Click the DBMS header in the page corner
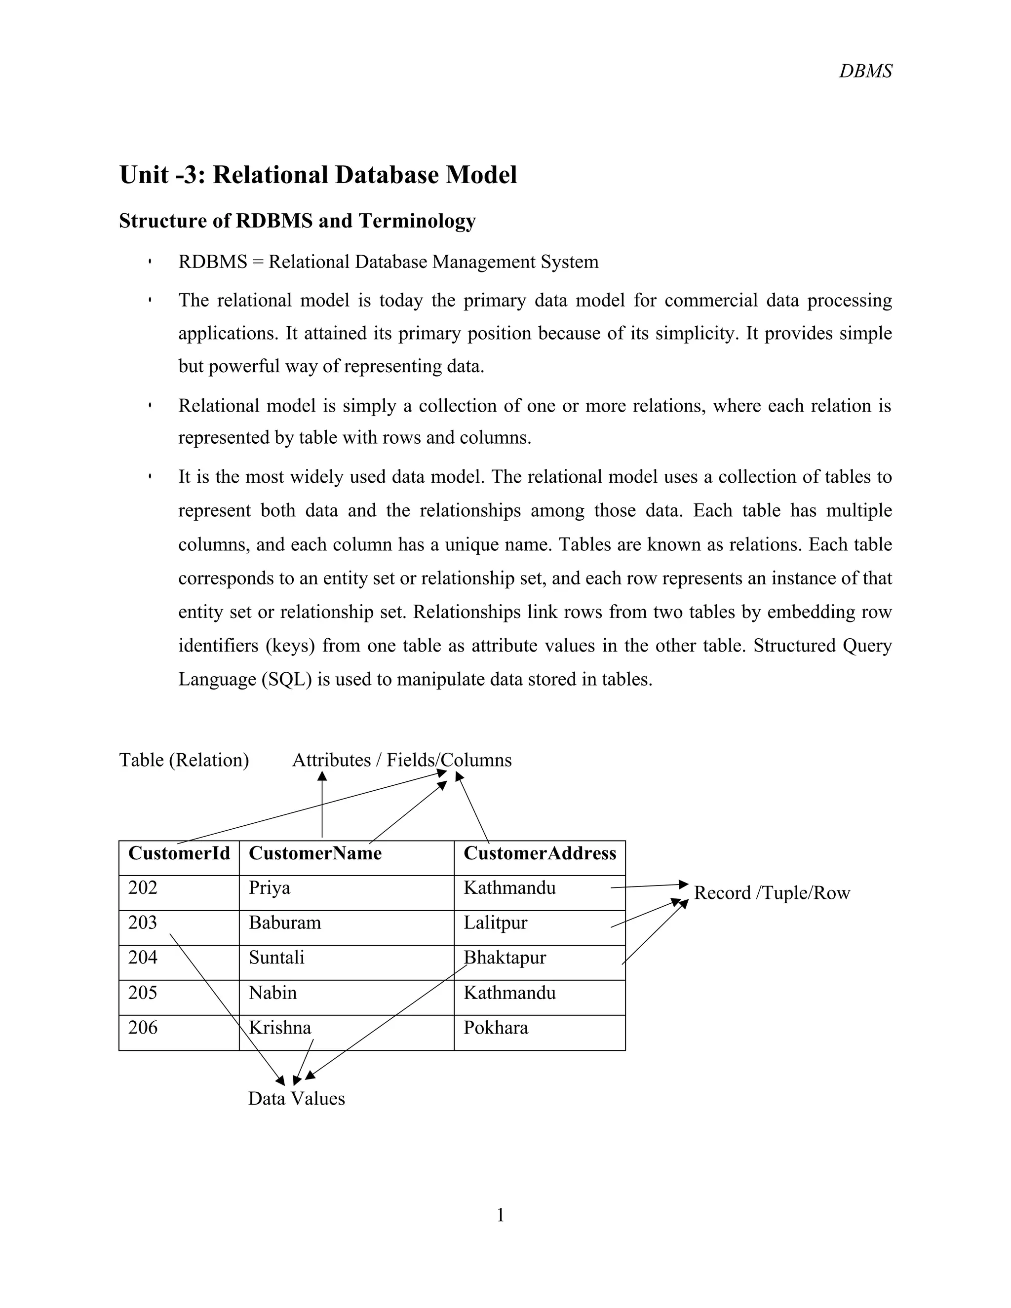(865, 71)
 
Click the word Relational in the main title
(270, 175)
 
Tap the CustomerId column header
(179, 853)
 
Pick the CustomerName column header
(315, 853)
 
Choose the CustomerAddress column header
(539, 853)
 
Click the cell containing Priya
(270, 887)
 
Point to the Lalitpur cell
(495, 923)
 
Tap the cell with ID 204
(143, 957)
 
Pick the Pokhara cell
(496, 1028)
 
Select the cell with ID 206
(143, 1028)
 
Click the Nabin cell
(272, 993)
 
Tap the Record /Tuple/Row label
(772, 893)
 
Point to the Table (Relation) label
(184, 760)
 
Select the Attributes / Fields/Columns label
(401, 760)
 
